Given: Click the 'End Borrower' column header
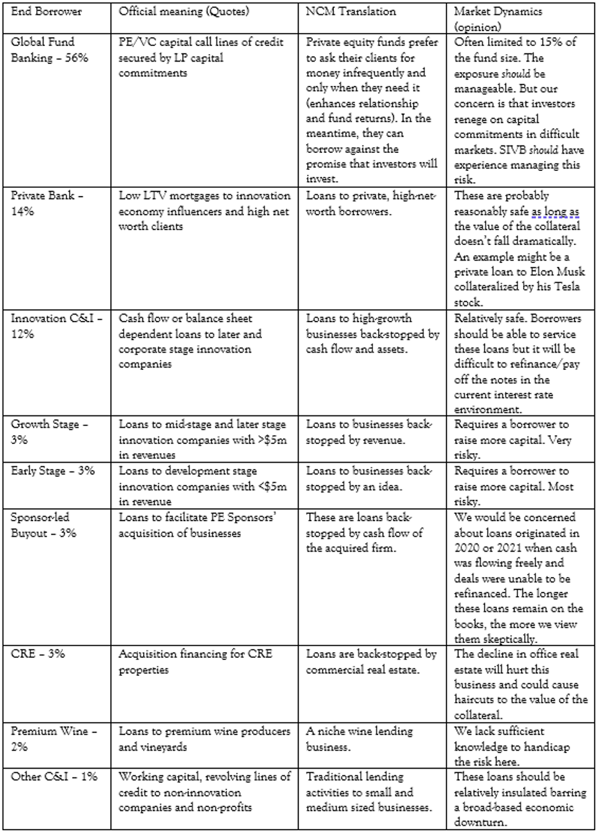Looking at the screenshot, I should click(x=46, y=11).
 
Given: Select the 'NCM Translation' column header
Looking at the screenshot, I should click(x=350, y=11).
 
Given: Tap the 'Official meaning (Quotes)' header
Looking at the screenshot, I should click(x=183, y=11).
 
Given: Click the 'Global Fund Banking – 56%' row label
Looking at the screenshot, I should click(x=50, y=50).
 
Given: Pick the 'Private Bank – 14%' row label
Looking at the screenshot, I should click(x=47, y=203).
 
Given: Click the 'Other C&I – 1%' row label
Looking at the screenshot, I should click(x=54, y=777).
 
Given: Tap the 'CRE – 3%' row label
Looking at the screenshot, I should click(x=38, y=654).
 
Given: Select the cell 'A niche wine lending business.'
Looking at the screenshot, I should click(x=359, y=739).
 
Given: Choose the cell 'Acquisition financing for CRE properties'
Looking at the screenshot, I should click(x=195, y=662).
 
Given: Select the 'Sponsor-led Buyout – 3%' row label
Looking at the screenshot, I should click(x=43, y=525).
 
